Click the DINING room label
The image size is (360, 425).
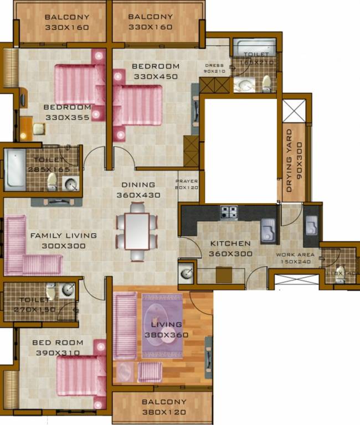click(138, 185)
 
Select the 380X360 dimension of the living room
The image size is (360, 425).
click(167, 335)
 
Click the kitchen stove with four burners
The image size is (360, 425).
click(229, 211)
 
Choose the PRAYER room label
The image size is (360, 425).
click(187, 182)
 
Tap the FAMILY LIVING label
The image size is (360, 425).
click(63, 235)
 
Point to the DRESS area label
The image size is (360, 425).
click(214, 65)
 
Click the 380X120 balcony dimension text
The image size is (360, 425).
click(164, 412)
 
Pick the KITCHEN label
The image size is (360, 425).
click(230, 243)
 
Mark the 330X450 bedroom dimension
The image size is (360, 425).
click(155, 76)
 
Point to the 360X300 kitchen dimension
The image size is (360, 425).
click(230, 253)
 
